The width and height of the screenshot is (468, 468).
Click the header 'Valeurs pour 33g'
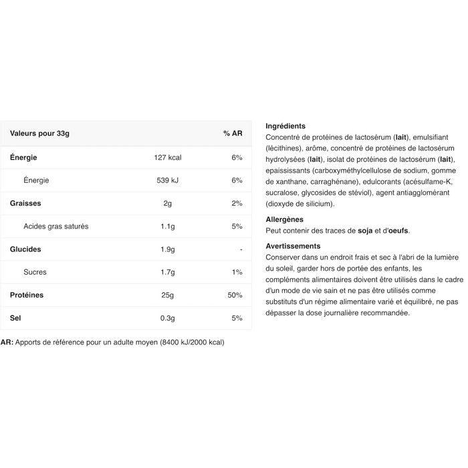(x=39, y=134)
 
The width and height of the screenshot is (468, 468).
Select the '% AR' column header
(x=232, y=134)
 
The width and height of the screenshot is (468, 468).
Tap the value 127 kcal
(x=167, y=158)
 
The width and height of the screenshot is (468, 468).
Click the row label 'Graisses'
(x=25, y=203)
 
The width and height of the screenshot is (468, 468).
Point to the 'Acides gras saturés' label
(x=55, y=226)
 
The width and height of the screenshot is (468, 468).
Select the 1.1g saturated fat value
(x=167, y=226)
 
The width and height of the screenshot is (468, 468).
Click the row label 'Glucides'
(x=25, y=249)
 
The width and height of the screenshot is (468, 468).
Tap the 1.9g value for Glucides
(x=167, y=249)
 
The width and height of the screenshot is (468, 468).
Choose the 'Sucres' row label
(x=35, y=272)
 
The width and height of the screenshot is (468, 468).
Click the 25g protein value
(x=167, y=295)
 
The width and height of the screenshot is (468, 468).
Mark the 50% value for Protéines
(x=234, y=295)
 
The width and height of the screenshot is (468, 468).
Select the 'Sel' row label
(x=15, y=318)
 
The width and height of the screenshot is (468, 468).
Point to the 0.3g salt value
(x=167, y=318)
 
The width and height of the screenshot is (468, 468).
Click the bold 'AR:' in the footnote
(x=7, y=342)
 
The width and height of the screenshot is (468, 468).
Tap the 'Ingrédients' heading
(x=285, y=126)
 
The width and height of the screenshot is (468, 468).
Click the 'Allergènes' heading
(x=284, y=219)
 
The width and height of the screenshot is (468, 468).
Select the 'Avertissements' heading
(x=293, y=246)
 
